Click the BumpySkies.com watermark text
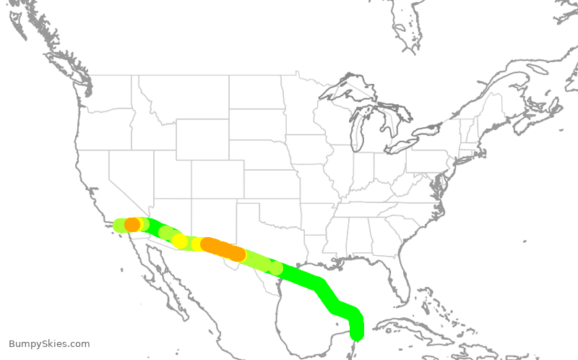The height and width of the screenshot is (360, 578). (49, 344)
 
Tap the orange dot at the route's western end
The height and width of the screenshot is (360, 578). (132, 225)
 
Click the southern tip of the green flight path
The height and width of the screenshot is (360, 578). (356, 335)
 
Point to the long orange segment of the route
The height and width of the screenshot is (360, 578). (223, 249)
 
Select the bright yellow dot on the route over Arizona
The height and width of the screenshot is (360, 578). (180, 241)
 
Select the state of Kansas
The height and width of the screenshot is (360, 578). (272, 185)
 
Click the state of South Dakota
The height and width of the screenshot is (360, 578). (256, 124)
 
